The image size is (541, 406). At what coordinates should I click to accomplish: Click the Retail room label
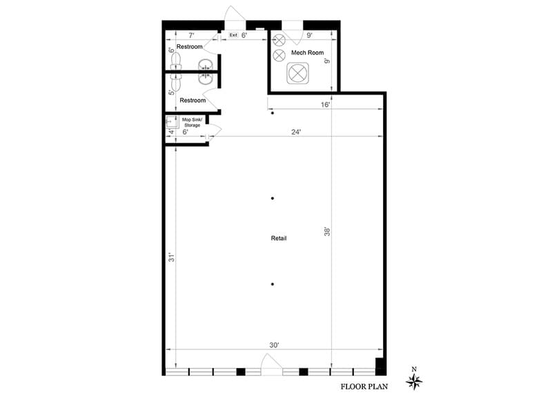pos(279,238)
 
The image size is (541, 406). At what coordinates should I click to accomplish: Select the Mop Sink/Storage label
pos(191,122)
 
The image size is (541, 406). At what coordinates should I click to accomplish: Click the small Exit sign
pos(233,35)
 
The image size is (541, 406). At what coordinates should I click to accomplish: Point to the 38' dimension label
pos(327,233)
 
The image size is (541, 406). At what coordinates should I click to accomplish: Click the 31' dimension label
pos(170,258)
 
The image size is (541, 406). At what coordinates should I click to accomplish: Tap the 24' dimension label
pos(296,132)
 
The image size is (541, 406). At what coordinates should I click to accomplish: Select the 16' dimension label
pos(325,105)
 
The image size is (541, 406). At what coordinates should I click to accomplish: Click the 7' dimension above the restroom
pos(190,35)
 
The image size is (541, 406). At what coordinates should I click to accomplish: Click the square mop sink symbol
pos(171,122)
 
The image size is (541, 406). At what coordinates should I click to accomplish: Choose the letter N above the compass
pos(414,369)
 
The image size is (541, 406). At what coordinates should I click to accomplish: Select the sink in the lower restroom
pos(205,79)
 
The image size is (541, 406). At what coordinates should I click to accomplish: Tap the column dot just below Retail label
pos(273,284)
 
